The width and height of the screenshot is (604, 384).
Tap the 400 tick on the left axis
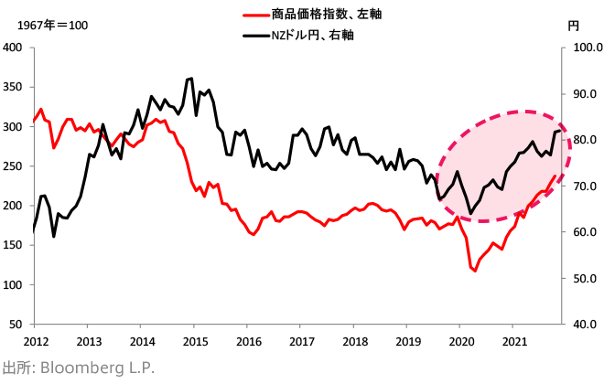(14, 48)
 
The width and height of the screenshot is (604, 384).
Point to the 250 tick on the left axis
(14, 166)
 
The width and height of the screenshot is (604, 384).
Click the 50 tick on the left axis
(17, 325)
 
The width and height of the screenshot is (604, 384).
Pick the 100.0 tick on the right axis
(583, 48)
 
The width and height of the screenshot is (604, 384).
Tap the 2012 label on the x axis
(35, 341)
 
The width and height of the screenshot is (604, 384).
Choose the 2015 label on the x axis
(194, 341)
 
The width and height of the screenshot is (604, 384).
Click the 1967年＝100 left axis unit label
(47, 26)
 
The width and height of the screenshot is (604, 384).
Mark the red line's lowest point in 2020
(475, 271)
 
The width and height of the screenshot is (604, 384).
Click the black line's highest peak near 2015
(190, 78)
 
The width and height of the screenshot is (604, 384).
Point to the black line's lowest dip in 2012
(54, 237)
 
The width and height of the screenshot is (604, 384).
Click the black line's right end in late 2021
(560, 131)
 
